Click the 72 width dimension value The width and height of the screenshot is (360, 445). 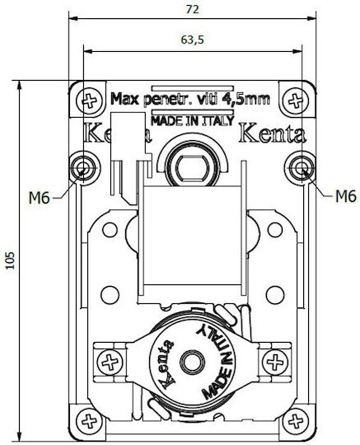[x=192, y=9]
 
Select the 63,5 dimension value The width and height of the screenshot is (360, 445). [x=192, y=40]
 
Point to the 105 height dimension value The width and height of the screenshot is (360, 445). [x=10, y=260]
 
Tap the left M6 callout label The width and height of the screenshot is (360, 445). [x=40, y=198]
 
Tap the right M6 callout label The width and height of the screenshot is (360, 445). [x=345, y=196]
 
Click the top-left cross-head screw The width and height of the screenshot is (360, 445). [x=90, y=101]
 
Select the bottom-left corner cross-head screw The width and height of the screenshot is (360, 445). [x=89, y=421]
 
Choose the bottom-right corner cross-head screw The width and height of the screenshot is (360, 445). [x=296, y=421]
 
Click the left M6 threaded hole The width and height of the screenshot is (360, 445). [x=84, y=168]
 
